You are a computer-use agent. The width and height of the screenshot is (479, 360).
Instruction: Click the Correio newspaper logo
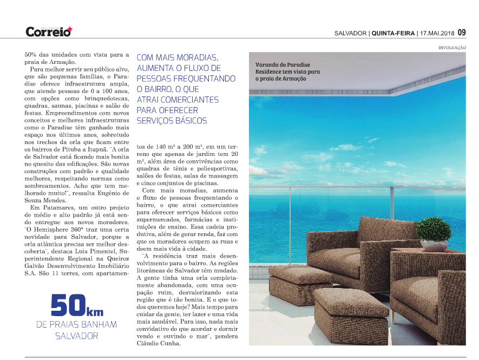49,31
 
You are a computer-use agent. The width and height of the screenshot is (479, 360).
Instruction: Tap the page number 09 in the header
461,32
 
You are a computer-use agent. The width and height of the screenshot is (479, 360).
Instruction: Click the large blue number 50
68,306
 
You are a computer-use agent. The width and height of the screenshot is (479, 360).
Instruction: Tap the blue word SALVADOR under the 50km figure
76,336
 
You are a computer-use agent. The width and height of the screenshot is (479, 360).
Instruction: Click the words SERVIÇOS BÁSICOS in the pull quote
172,121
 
